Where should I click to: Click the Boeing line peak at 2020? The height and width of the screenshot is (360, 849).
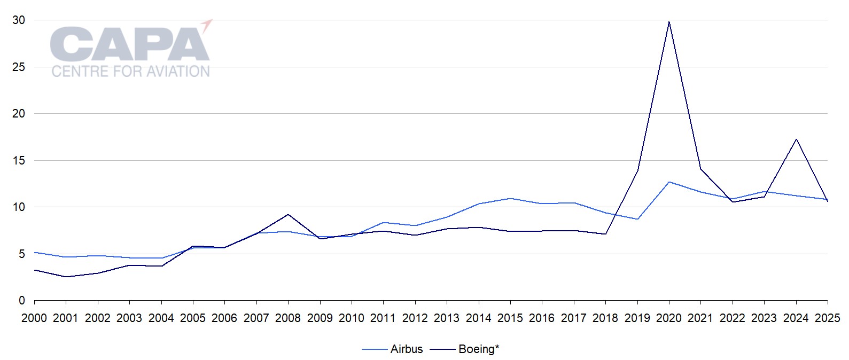click(x=669, y=22)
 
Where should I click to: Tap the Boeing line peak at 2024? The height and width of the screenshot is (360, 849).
click(x=796, y=139)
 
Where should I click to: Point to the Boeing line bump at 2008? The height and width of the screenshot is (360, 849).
click(x=288, y=215)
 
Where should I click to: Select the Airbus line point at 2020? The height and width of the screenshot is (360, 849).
click(x=669, y=182)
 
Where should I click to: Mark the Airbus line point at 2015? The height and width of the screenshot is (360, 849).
click(x=510, y=199)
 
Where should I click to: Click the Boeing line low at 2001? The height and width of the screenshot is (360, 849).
click(x=66, y=277)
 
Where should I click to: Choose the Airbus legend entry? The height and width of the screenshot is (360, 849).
click(x=393, y=349)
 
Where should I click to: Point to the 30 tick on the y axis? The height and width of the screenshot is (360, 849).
click(x=19, y=20)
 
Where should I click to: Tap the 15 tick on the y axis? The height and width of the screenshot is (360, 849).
click(x=19, y=160)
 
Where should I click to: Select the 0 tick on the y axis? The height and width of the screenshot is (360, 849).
click(x=22, y=301)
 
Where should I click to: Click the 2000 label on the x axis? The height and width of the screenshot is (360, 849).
click(x=34, y=318)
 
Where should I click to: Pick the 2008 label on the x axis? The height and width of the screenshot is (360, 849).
click(x=288, y=318)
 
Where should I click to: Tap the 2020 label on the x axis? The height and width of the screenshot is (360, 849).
click(x=669, y=318)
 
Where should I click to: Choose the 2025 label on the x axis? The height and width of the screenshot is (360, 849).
click(x=828, y=318)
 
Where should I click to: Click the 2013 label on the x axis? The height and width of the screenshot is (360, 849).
click(x=447, y=318)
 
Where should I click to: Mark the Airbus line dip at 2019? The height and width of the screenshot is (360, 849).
click(x=637, y=219)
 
